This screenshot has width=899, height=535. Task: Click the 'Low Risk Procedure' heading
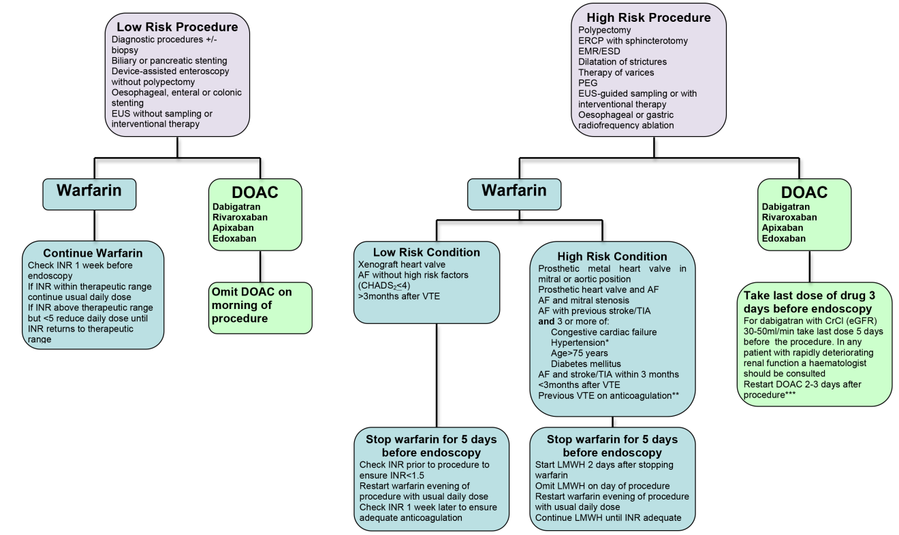pyautogui.click(x=177, y=27)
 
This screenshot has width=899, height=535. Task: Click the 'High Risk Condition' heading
pyautogui.click(x=613, y=257)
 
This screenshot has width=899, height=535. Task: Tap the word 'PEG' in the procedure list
pyautogui.click(x=588, y=82)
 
